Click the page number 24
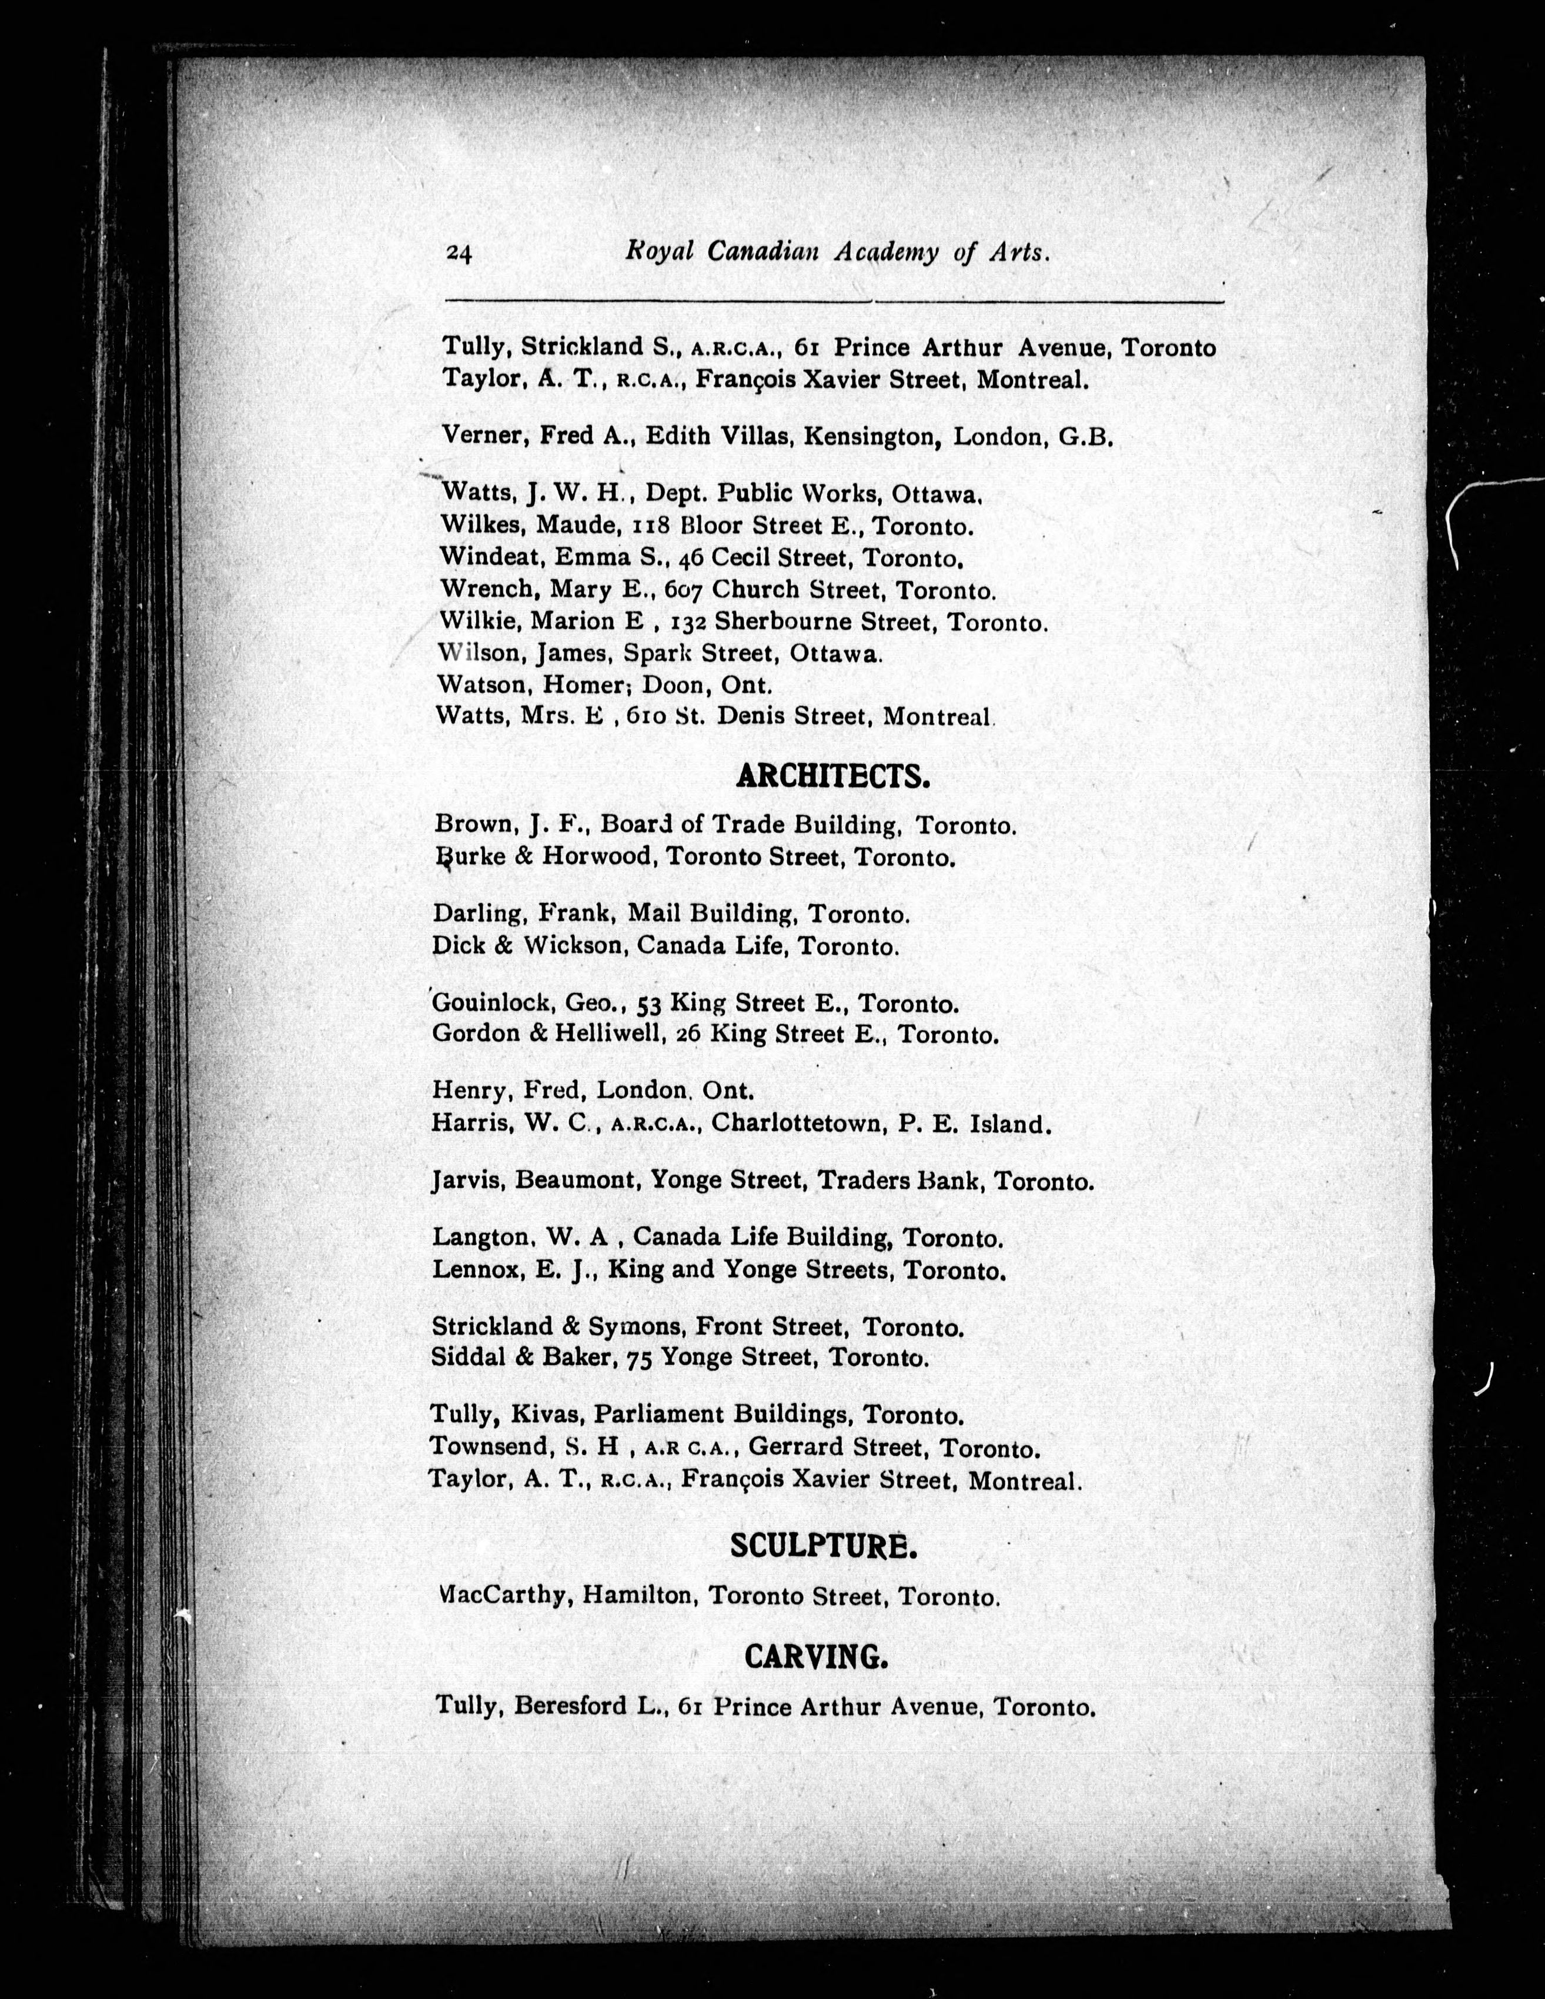click(x=459, y=255)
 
